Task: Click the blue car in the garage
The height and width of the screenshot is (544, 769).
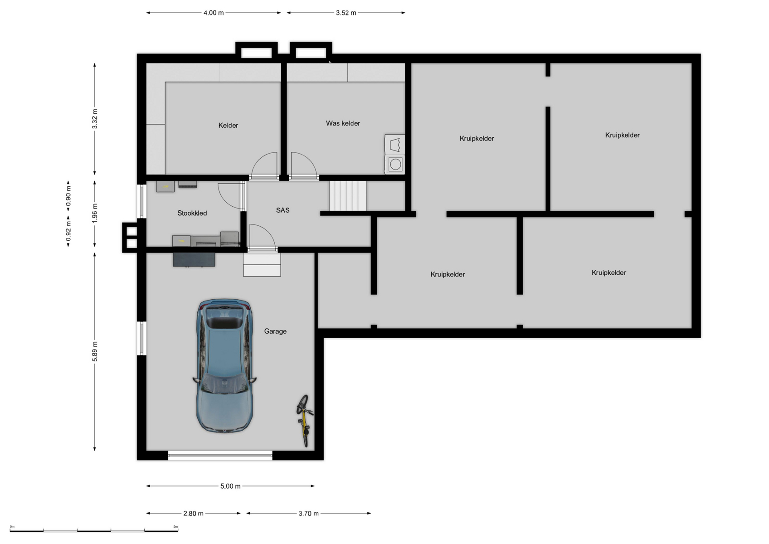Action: pyautogui.click(x=225, y=365)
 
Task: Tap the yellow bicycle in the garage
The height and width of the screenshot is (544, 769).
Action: pyautogui.click(x=304, y=421)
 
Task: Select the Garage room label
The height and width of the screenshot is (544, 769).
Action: pyautogui.click(x=275, y=331)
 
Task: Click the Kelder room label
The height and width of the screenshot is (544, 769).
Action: pyautogui.click(x=229, y=125)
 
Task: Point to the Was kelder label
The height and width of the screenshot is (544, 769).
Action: pyautogui.click(x=343, y=123)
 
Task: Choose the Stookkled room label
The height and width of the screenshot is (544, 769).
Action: pyautogui.click(x=192, y=213)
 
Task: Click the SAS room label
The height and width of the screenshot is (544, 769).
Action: pyautogui.click(x=283, y=210)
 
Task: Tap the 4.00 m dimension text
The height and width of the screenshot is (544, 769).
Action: pyautogui.click(x=214, y=13)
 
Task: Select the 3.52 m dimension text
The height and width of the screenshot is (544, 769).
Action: pyautogui.click(x=346, y=13)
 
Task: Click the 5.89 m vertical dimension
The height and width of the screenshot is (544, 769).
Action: pyautogui.click(x=95, y=351)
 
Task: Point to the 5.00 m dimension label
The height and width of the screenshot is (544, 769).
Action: pyautogui.click(x=230, y=486)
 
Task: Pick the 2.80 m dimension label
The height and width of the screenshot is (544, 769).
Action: pyautogui.click(x=193, y=514)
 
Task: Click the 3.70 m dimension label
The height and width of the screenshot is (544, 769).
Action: pyautogui.click(x=309, y=514)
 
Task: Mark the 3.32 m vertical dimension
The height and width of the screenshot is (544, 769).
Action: pyautogui.click(x=95, y=119)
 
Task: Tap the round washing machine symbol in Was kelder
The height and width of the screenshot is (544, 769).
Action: pyautogui.click(x=395, y=165)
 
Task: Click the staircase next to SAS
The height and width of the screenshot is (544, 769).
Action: pyautogui.click(x=348, y=196)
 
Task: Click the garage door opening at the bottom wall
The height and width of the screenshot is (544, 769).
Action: pyautogui.click(x=220, y=456)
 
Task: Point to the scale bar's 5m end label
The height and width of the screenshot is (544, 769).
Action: pyautogui.click(x=175, y=526)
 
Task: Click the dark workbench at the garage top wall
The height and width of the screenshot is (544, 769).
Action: pyautogui.click(x=194, y=259)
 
